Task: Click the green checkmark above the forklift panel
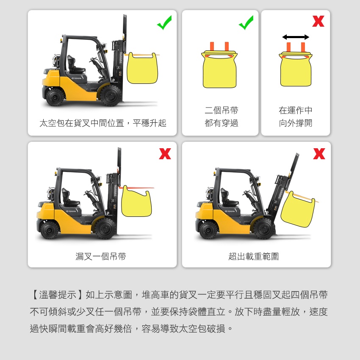point(165,23)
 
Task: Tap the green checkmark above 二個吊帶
point(246,23)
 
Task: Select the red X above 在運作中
point(318,21)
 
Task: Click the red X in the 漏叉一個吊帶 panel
point(165,154)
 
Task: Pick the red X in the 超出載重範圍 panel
point(319,154)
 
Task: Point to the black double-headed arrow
point(296,37)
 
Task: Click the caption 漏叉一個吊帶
point(101,256)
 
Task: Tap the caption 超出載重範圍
point(254,256)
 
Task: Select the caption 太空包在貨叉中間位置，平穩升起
point(102,123)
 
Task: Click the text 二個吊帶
point(222,110)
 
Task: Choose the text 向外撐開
point(296,123)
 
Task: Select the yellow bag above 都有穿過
point(219,69)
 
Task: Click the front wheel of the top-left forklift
point(111,95)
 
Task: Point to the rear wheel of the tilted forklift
point(209,230)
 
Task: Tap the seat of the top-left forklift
point(75,64)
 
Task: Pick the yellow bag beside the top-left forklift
point(142,68)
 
